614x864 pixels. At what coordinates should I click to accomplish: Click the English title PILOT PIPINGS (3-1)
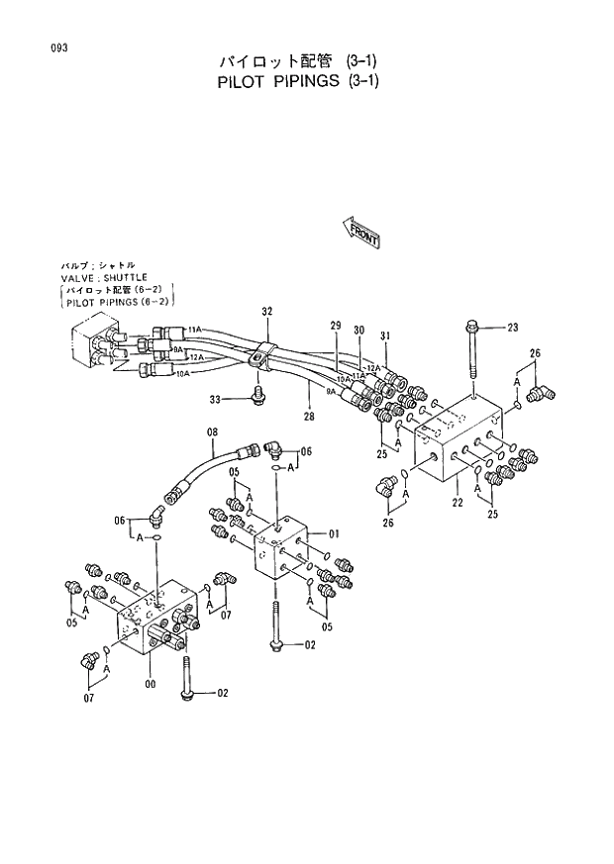(297, 82)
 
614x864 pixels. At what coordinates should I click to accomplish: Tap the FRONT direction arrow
(362, 234)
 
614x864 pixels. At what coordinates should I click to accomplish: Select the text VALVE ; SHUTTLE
(104, 278)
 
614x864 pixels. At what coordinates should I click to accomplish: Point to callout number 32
(266, 311)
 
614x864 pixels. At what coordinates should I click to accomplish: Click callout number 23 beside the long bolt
(512, 328)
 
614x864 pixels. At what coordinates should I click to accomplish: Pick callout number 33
(214, 399)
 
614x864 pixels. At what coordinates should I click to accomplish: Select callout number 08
(211, 432)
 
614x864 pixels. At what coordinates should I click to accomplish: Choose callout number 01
(334, 534)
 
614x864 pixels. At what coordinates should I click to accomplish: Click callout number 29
(335, 326)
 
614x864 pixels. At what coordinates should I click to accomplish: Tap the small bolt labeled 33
(259, 396)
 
